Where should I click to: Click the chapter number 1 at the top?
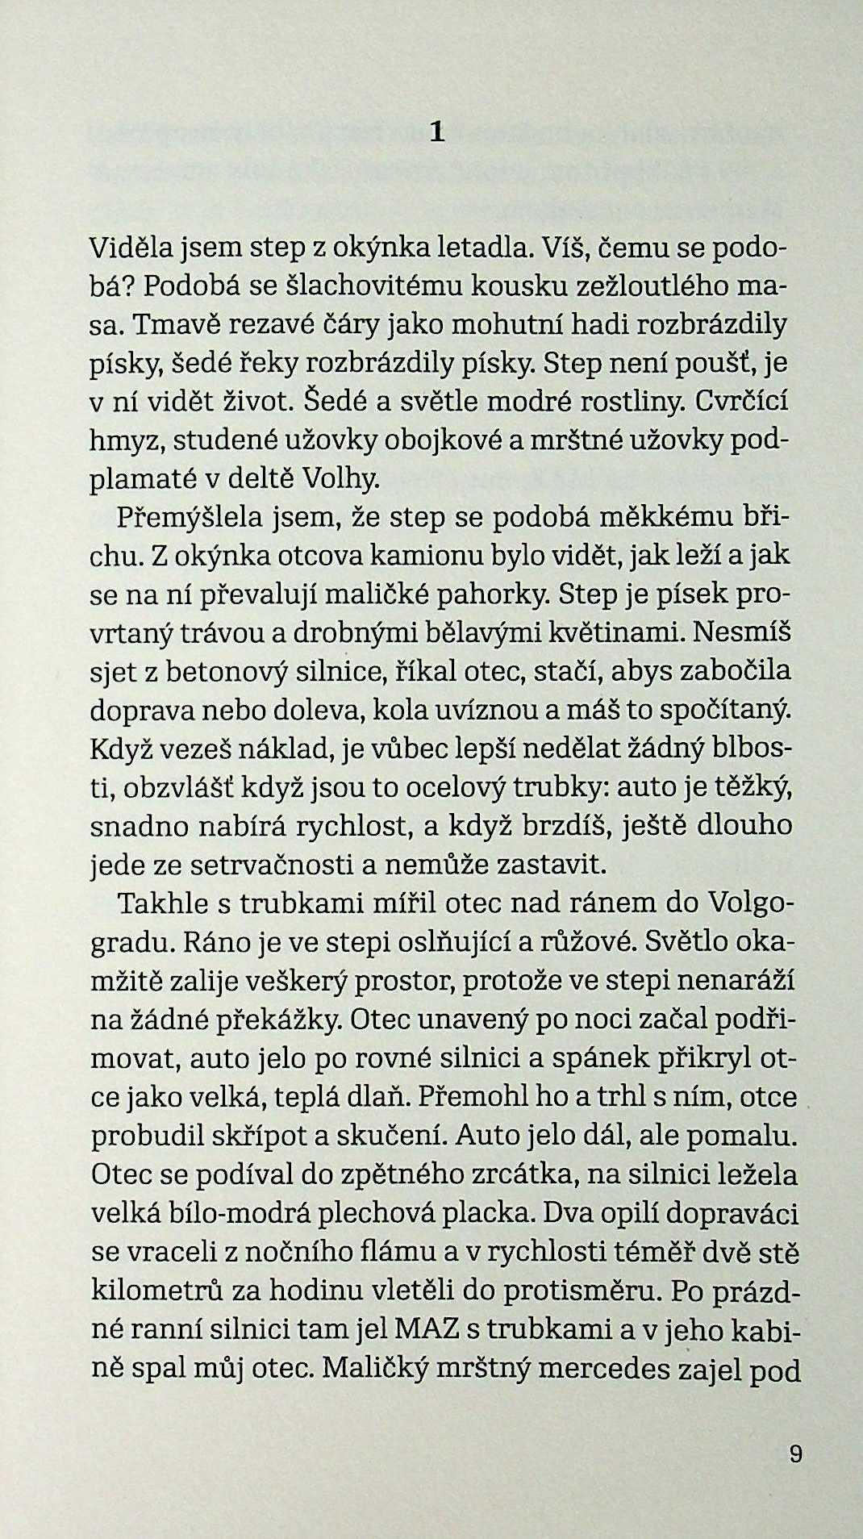[x=437, y=131]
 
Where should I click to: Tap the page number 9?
[x=795, y=1454]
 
